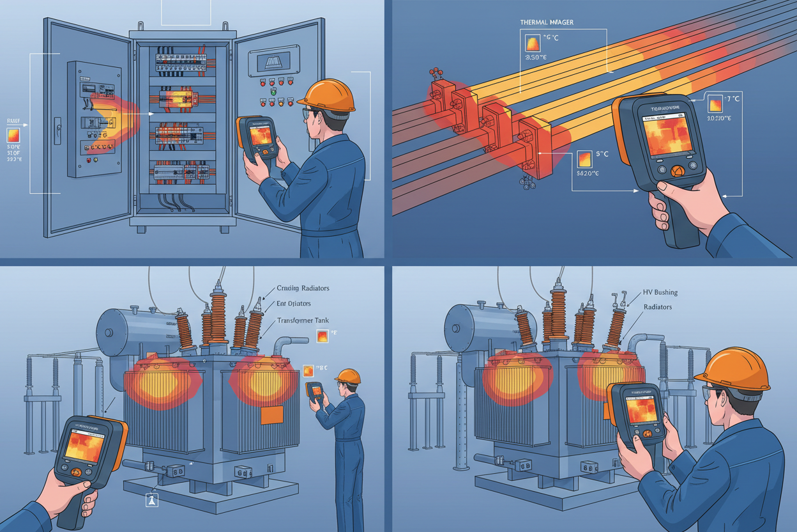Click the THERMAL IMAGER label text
(x=547, y=22)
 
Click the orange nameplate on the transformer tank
(x=271, y=414)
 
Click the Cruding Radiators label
(x=303, y=288)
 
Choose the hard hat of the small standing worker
(x=347, y=375)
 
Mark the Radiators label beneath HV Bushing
(x=658, y=307)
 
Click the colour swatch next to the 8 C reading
(x=308, y=370)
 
